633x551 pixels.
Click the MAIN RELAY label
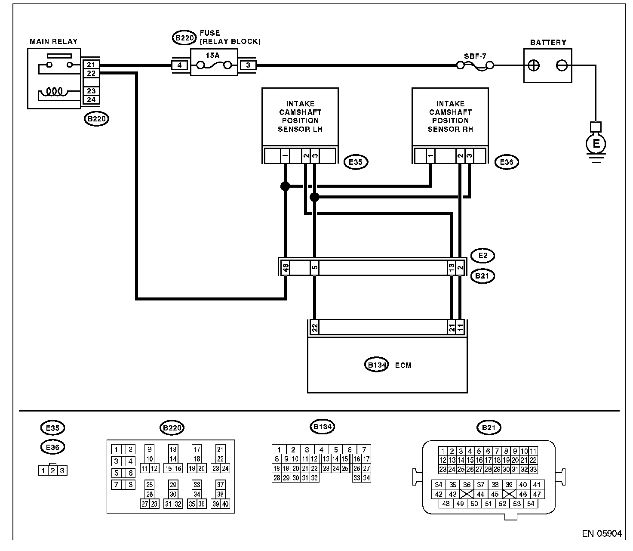pyautogui.click(x=53, y=41)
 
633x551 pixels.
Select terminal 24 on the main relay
pyautogui.click(x=91, y=99)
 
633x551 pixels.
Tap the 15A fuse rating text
pyautogui.click(x=213, y=56)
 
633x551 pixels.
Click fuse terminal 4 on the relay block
pyautogui.click(x=179, y=65)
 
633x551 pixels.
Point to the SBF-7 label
pyautogui.click(x=475, y=56)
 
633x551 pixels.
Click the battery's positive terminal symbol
pyautogui.click(x=533, y=66)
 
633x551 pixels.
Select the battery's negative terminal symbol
pyautogui.click(x=562, y=66)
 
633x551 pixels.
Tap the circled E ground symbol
pyautogui.click(x=596, y=144)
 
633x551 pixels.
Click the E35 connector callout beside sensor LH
pyautogui.click(x=356, y=162)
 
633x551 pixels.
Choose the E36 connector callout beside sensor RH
pyautogui.click(x=507, y=162)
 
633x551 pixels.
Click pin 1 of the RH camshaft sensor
pyautogui.click(x=430, y=155)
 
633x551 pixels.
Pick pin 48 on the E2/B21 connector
pyautogui.click(x=286, y=268)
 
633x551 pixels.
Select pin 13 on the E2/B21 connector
pyautogui.click(x=452, y=268)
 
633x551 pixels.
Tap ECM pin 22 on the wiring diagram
pyautogui.click(x=315, y=328)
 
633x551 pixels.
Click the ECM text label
pyautogui.click(x=403, y=365)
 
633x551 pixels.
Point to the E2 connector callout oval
pyautogui.click(x=482, y=256)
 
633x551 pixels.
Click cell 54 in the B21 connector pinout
pyautogui.click(x=531, y=504)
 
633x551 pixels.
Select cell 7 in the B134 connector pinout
pyautogui.click(x=364, y=449)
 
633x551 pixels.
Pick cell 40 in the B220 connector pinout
pyautogui.click(x=225, y=504)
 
